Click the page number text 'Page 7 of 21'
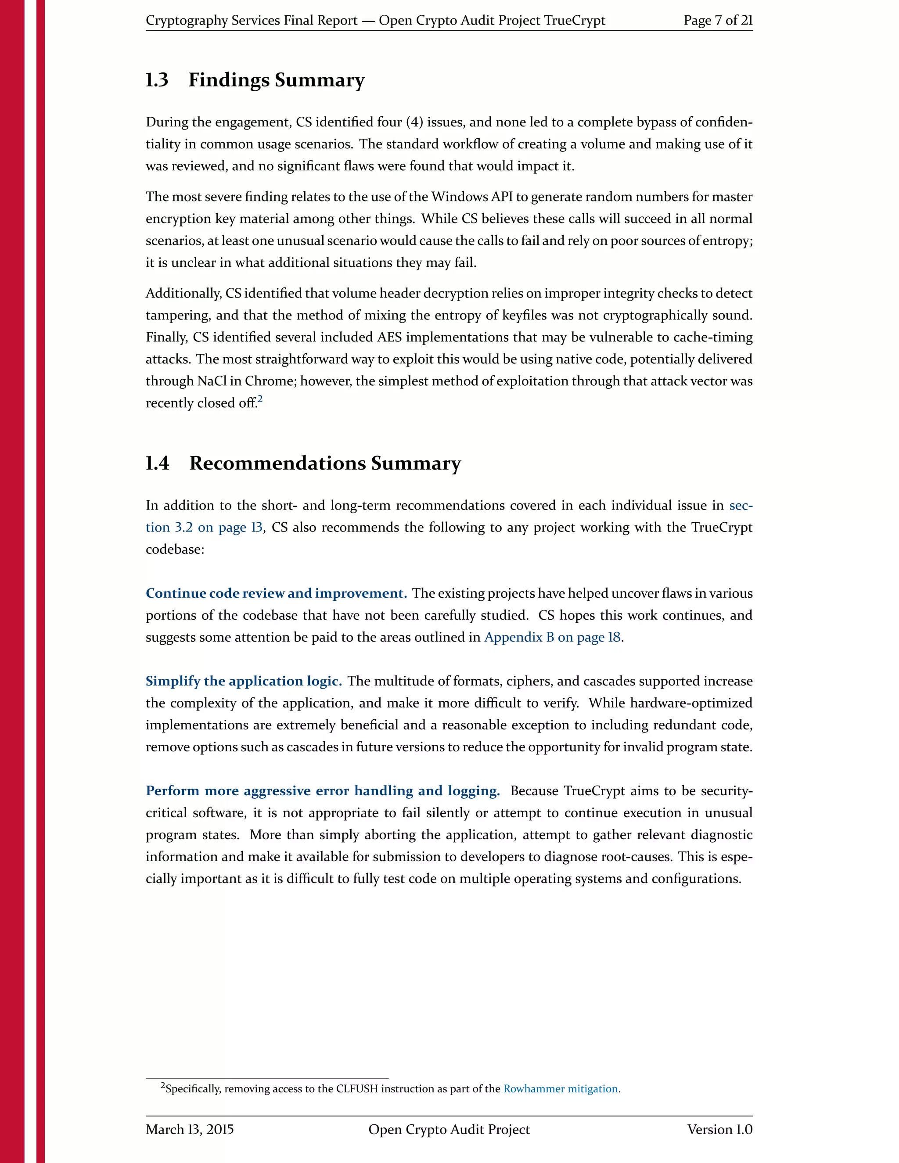point(717,20)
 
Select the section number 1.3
point(157,80)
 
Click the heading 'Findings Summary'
point(277,80)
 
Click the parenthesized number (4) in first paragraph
point(414,122)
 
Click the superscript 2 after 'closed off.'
point(260,399)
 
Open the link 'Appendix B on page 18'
point(552,637)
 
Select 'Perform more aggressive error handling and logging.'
point(323,791)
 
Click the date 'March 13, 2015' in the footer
point(190,1130)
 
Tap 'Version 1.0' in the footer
point(719,1130)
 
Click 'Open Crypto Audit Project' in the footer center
point(449,1130)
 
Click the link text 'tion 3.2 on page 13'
point(204,528)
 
